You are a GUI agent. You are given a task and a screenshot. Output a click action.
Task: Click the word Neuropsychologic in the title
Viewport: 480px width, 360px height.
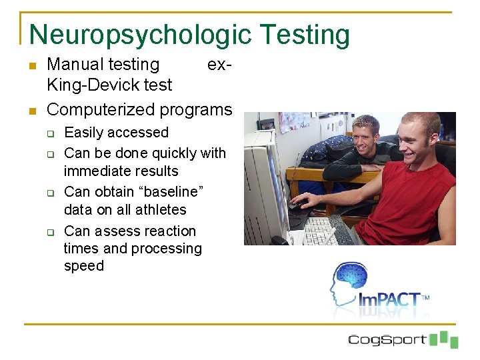(x=141, y=35)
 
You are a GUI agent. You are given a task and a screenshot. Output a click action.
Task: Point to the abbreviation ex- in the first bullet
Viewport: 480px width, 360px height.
(x=219, y=65)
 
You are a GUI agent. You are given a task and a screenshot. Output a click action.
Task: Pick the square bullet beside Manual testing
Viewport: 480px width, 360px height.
(x=32, y=66)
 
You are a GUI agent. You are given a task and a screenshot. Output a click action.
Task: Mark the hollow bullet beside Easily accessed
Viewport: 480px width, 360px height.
(x=51, y=133)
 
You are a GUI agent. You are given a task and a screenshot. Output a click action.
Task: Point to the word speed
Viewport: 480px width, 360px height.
(x=84, y=266)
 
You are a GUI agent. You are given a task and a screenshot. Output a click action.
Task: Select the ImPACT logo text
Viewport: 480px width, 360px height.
(x=391, y=301)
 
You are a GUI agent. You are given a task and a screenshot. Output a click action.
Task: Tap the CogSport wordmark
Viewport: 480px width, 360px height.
(x=387, y=339)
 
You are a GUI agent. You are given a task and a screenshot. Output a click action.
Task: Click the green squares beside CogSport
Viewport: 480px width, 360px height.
(x=443, y=339)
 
